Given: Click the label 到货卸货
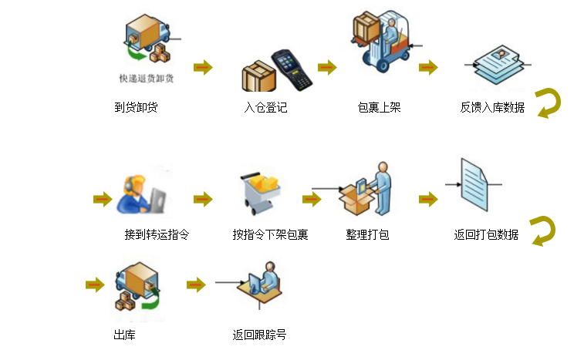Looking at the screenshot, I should tap(136, 107).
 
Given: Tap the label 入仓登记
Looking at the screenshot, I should tap(265, 107).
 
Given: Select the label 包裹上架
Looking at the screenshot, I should tap(380, 107).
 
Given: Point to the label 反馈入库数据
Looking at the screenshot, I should tap(492, 107).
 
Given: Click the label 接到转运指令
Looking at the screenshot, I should tap(157, 234).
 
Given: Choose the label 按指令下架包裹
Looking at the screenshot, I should tap(270, 234).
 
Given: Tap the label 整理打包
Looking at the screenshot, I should tap(367, 234).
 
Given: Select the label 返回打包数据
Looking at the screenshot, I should tap(486, 234).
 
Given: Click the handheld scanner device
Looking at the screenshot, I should tap(292, 69).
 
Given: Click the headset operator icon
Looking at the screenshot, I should tap(140, 193).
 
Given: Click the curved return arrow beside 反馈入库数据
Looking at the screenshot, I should tap(549, 103).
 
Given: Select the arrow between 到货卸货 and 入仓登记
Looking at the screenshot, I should tap(203, 67).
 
